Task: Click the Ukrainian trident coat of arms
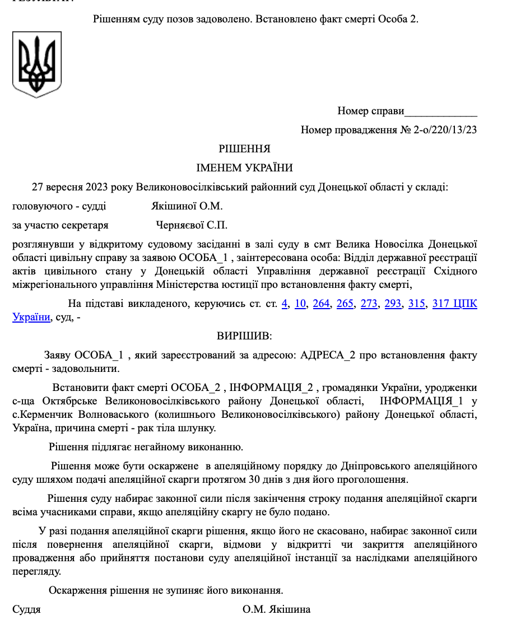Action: click(x=37, y=65)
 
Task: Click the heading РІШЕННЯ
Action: click(x=244, y=149)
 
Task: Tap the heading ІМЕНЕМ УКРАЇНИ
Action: click(x=244, y=167)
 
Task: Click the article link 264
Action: click(x=321, y=304)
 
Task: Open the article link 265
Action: click(x=345, y=304)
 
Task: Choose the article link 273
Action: click(x=369, y=304)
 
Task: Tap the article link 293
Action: click(x=393, y=304)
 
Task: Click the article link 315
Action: click(x=417, y=304)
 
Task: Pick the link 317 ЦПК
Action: click(x=454, y=304)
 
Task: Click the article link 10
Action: click(x=300, y=304)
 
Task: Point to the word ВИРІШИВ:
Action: click(x=244, y=336)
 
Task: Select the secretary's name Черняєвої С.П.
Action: click(x=192, y=225)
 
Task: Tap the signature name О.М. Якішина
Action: click(x=276, y=609)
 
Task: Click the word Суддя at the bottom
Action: click(x=26, y=609)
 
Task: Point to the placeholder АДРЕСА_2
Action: click(x=333, y=355)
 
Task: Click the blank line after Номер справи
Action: click(x=441, y=111)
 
